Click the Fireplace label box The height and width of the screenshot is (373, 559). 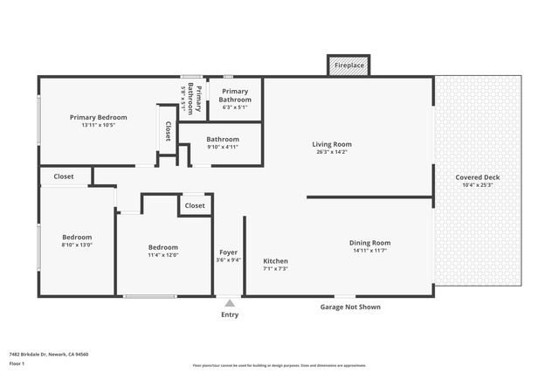pyautogui.click(x=349, y=66)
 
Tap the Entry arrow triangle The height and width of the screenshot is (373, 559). pyautogui.click(x=230, y=303)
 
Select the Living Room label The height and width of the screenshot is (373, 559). pyautogui.click(x=332, y=144)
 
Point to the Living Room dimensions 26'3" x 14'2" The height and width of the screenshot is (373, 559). pyautogui.click(x=332, y=152)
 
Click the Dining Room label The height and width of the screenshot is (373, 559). pyautogui.click(x=369, y=243)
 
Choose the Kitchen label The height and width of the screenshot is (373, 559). pyautogui.click(x=276, y=260)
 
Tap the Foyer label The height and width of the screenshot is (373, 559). pyautogui.click(x=228, y=252)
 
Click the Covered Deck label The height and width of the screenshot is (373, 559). pyautogui.click(x=478, y=177)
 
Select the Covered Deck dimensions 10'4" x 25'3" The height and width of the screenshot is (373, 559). pyautogui.click(x=478, y=185)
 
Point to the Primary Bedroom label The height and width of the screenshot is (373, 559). pyautogui.click(x=99, y=117)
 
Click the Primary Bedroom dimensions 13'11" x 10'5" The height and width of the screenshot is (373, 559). pyautogui.click(x=99, y=125)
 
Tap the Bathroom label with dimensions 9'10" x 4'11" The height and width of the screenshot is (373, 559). pyautogui.click(x=223, y=139)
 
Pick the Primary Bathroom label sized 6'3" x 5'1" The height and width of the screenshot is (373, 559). pyautogui.click(x=235, y=95)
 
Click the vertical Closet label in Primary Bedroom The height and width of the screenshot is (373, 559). pyautogui.click(x=168, y=131)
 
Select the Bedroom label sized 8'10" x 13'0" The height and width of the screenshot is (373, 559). pyautogui.click(x=77, y=237)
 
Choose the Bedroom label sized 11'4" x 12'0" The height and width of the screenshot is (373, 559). pyautogui.click(x=163, y=247)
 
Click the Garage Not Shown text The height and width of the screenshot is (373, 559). pyautogui.click(x=350, y=307)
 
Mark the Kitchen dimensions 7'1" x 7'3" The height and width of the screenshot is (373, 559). pyautogui.click(x=276, y=269)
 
